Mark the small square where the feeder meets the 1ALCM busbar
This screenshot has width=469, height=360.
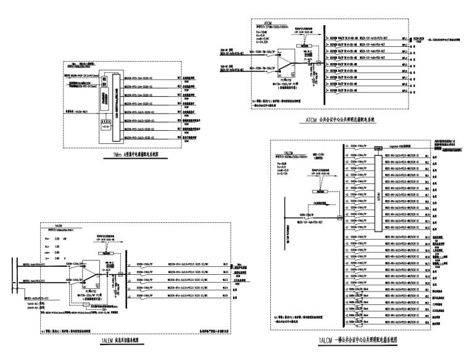click(x=340, y=217)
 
